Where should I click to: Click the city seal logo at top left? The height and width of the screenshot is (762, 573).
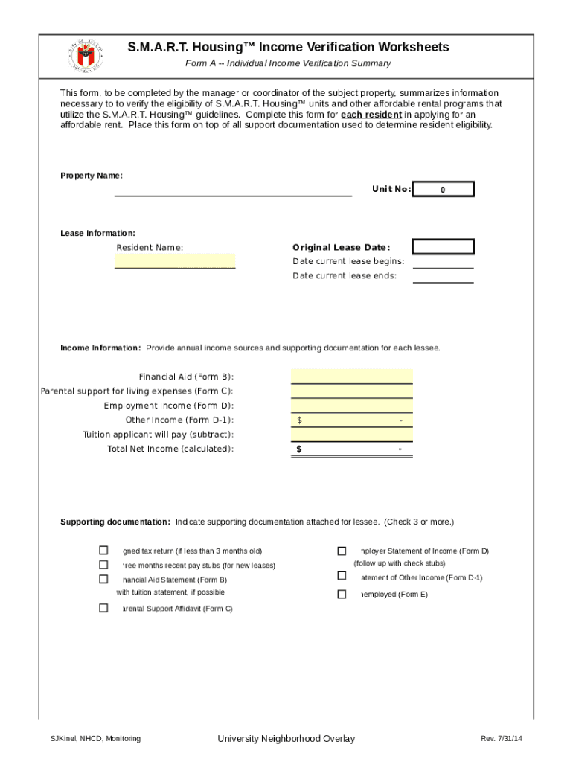pyautogui.click(x=83, y=54)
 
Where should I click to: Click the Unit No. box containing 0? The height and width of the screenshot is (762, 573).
pyautogui.click(x=443, y=190)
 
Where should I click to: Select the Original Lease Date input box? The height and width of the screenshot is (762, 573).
pyautogui.click(x=443, y=247)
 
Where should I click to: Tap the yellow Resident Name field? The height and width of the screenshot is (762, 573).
pyautogui.click(x=175, y=261)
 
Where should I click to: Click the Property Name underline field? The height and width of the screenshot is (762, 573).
pyautogui.click(x=233, y=189)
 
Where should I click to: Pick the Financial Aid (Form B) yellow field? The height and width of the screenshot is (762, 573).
pyautogui.click(x=351, y=377)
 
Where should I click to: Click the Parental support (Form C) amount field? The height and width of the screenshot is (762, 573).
pyautogui.click(x=351, y=391)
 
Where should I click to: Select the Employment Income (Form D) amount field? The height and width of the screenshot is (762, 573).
pyautogui.click(x=351, y=406)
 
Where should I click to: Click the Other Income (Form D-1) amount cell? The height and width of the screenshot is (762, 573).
pyautogui.click(x=351, y=420)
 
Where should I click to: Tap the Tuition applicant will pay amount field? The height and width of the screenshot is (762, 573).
pyautogui.click(x=351, y=435)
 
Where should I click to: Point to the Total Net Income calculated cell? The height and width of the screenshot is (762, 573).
pyautogui.click(x=351, y=449)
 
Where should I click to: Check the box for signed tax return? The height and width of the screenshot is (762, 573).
pyautogui.click(x=103, y=551)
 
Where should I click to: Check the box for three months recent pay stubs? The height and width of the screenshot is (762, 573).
pyautogui.click(x=103, y=565)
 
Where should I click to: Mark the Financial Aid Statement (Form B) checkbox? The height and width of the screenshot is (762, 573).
pyautogui.click(x=103, y=579)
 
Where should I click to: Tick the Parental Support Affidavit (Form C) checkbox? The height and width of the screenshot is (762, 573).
pyautogui.click(x=103, y=608)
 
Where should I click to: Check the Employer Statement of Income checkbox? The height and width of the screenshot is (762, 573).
pyautogui.click(x=342, y=551)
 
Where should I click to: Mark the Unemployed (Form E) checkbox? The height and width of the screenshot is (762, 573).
pyautogui.click(x=342, y=594)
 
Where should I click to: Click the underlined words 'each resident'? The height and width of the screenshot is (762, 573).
pyautogui.click(x=371, y=115)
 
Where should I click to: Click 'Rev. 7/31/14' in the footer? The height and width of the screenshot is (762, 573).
pyautogui.click(x=501, y=738)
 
